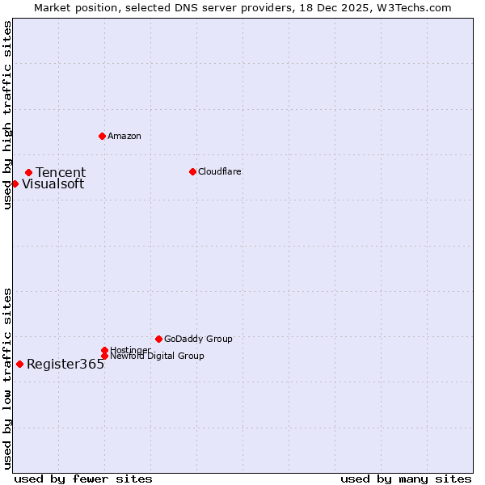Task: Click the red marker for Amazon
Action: [x=102, y=136]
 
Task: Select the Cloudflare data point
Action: [x=192, y=171]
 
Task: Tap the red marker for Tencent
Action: [x=28, y=172]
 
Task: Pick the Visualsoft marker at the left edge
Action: [x=15, y=183]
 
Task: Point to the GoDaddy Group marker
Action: [x=158, y=339]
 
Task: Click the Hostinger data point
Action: [x=104, y=350]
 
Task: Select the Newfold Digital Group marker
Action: [x=104, y=356]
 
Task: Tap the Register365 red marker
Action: [x=19, y=364]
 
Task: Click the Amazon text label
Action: [x=124, y=136]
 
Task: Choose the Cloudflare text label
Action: [x=219, y=171]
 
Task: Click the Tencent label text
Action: [x=61, y=172]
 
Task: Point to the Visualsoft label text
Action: [x=53, y=184]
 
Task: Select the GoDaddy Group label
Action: [x=198, y=339]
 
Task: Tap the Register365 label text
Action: [x=65, y=365]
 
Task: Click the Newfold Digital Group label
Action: [x=157, y=356]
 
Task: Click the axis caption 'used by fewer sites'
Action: [x=83, y=479]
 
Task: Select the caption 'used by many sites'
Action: [x=406, y=479]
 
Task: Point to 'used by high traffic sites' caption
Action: [x=7, y=115]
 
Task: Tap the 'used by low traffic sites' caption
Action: [x=7, y=377]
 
